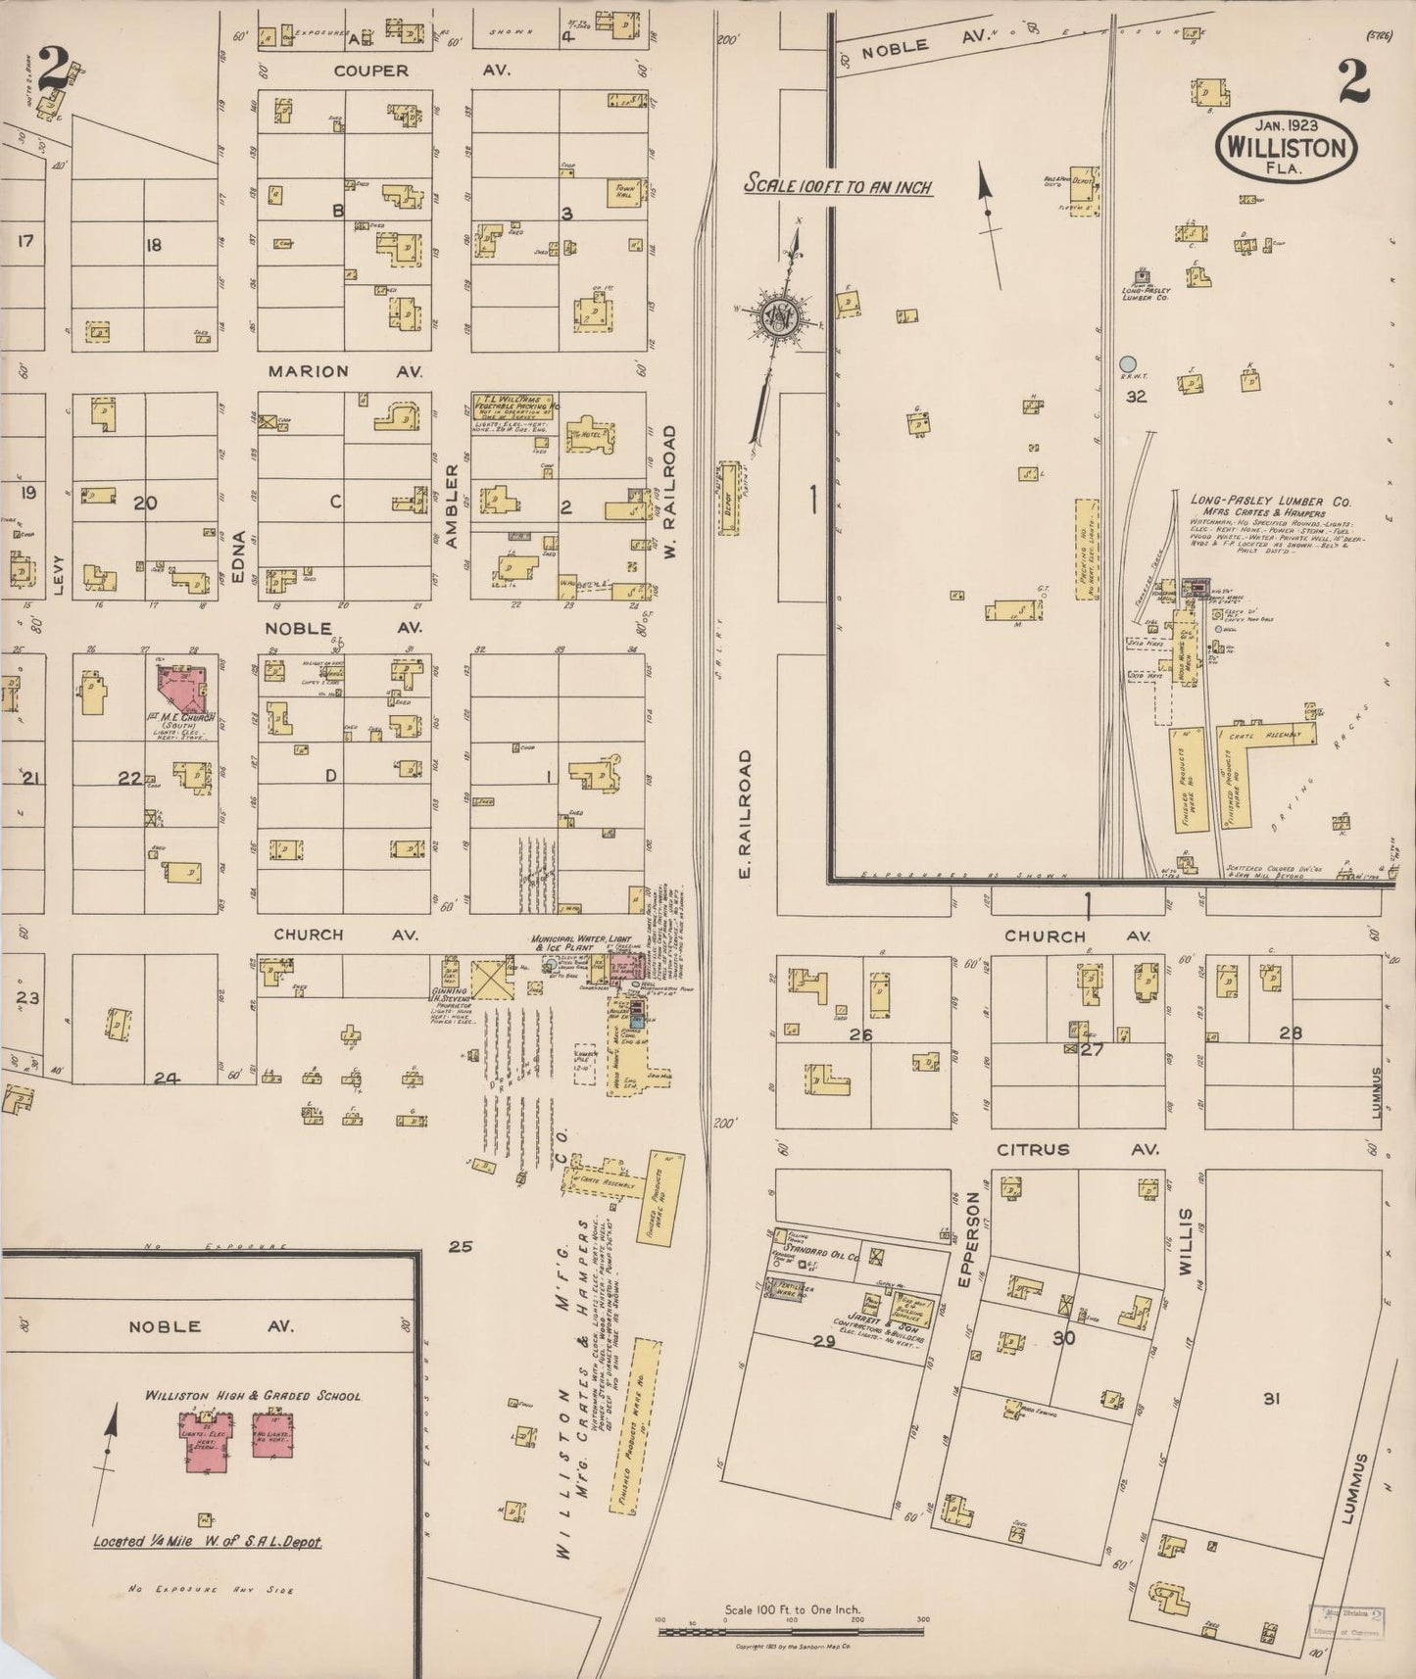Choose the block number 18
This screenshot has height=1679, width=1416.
click(x=153, y=245)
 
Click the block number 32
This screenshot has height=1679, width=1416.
click(x=1136, y=397)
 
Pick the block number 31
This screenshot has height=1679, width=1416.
click(x=1271, y=1399)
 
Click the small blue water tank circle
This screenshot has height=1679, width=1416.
click(x=1129, y=364)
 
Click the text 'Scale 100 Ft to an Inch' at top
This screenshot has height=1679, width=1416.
click(x=838, y=184)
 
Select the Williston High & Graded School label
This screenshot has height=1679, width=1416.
click(x=253, y=1396)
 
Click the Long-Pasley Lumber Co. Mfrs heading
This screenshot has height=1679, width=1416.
click(x=1270, y=501)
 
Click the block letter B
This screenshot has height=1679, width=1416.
click(x=338, y=210)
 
